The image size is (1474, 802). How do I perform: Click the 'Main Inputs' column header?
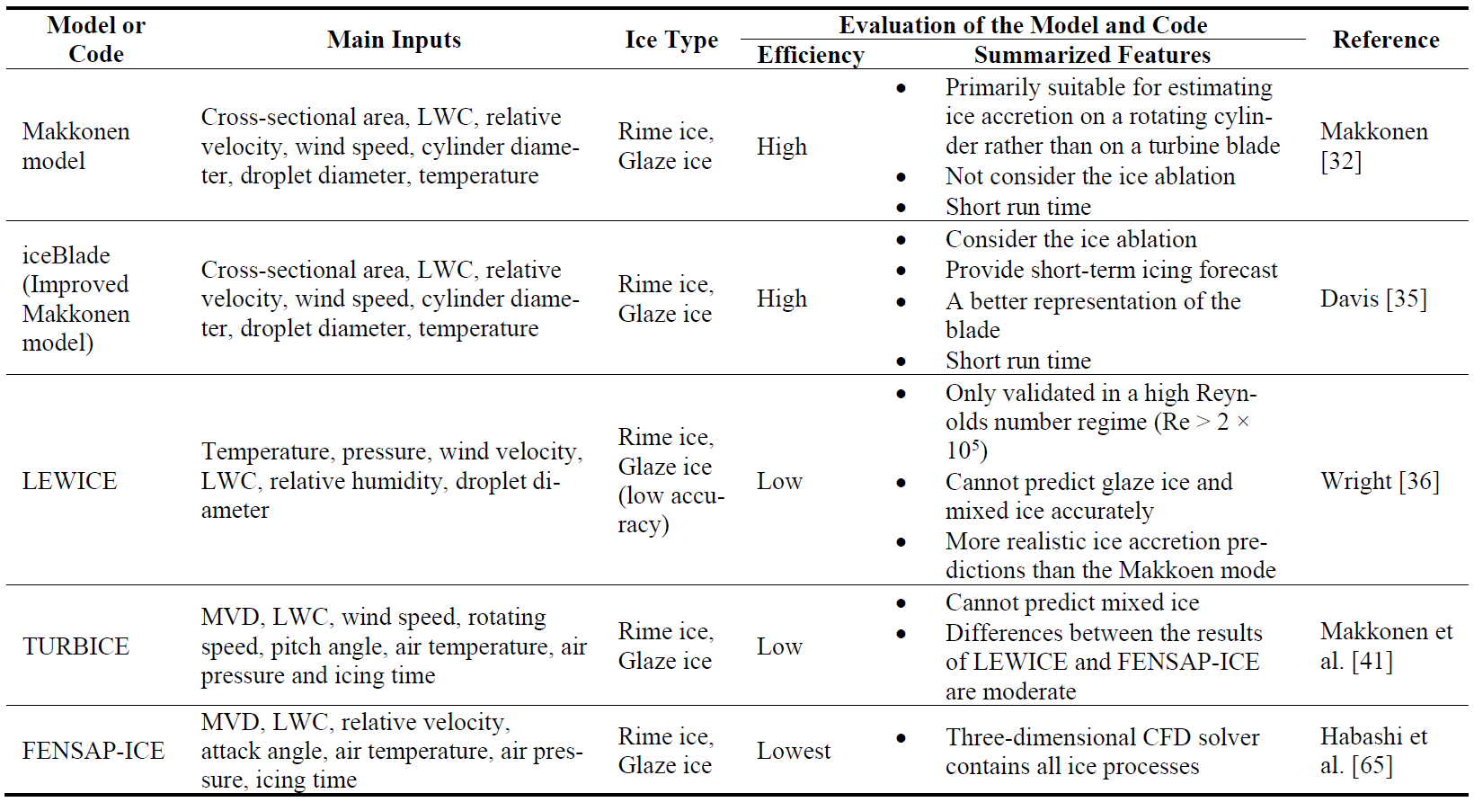click(x=394, y=40)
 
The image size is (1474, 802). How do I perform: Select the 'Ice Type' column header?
click(x=671, y=40)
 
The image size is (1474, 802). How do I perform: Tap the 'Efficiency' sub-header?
click(x=811, y=56)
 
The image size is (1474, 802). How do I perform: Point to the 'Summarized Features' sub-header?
click(x=1092, y=55)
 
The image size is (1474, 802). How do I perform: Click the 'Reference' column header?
click(x=1386, y=40)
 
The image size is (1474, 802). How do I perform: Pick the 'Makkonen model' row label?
click(x=75, y=147)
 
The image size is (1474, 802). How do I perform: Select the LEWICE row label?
click(x=70, y=481)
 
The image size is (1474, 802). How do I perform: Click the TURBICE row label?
click(x=75, y=646)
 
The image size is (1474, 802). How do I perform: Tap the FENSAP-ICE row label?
click(x=93, y=751)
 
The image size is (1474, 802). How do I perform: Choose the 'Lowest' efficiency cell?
click(x=794, y=751)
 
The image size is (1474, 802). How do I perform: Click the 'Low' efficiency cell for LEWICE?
click(x=779, y=481)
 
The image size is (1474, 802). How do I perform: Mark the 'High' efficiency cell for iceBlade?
click(x=782, y=299)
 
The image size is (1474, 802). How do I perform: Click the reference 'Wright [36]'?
click(x=1380, y=481)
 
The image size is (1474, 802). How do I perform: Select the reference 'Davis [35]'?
click(x=1373, y=299)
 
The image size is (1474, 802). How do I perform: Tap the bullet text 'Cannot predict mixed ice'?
click(x=1072, y=602)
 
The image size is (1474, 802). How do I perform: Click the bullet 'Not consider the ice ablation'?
click(x=1089, y=176)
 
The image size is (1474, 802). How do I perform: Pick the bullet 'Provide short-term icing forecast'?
click(x=1112, y=270)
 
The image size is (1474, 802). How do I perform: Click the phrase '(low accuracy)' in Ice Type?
click(x=670, y=511)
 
